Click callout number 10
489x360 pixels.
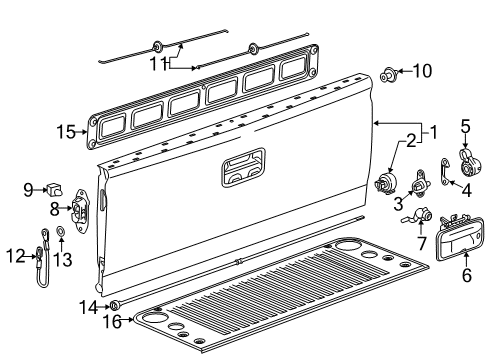424,71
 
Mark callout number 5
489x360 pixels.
465,125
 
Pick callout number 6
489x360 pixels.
465,277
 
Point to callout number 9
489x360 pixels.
28,186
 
